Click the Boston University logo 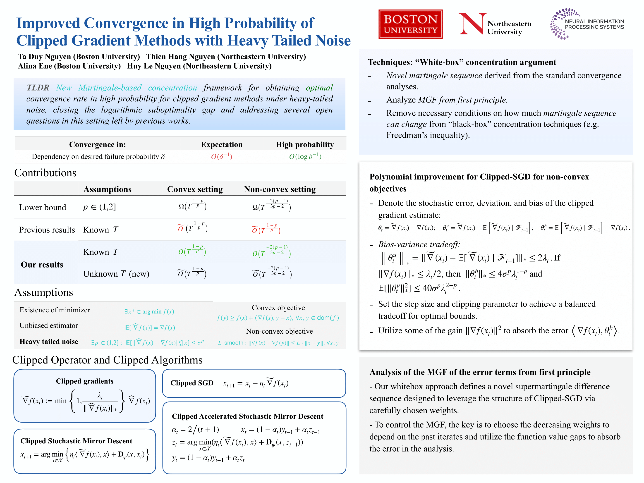click(x=410, y=24)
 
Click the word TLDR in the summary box click(x=38, y=88)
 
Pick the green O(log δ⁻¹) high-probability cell click(x=305, y=157)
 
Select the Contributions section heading click(x=45, y=173)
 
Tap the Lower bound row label click(x=43, y=207)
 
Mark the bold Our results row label click(x=42, y=265)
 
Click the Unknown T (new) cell click(x=116, y=274)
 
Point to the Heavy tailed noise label click(x=49, y=342)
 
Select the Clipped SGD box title click(x=192, y=383)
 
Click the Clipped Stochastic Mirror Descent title click(x=76, y=441)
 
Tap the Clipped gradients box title click(x=84, y=381)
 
